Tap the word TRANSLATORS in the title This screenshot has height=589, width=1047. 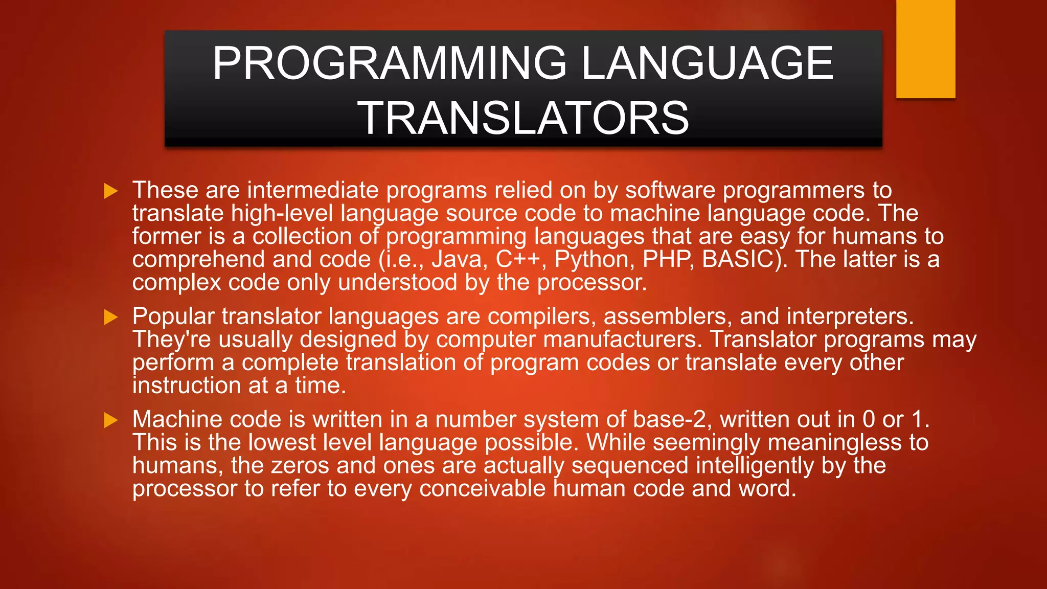tap(523, 119)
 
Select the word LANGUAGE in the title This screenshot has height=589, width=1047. tap(708, 63)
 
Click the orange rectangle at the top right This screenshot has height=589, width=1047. tap(925, 49)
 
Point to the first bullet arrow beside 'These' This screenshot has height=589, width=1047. tap(111, 191)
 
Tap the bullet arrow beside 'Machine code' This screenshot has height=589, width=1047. tap(111, 420)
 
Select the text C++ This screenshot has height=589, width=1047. tap(518, 259)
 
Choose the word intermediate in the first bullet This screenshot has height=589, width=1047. tap(312, 191)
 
